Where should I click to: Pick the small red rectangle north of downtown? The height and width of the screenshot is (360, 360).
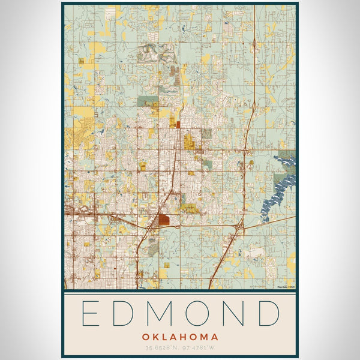pos(178,125)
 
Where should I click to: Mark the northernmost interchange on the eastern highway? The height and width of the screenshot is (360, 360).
pos(254,43)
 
